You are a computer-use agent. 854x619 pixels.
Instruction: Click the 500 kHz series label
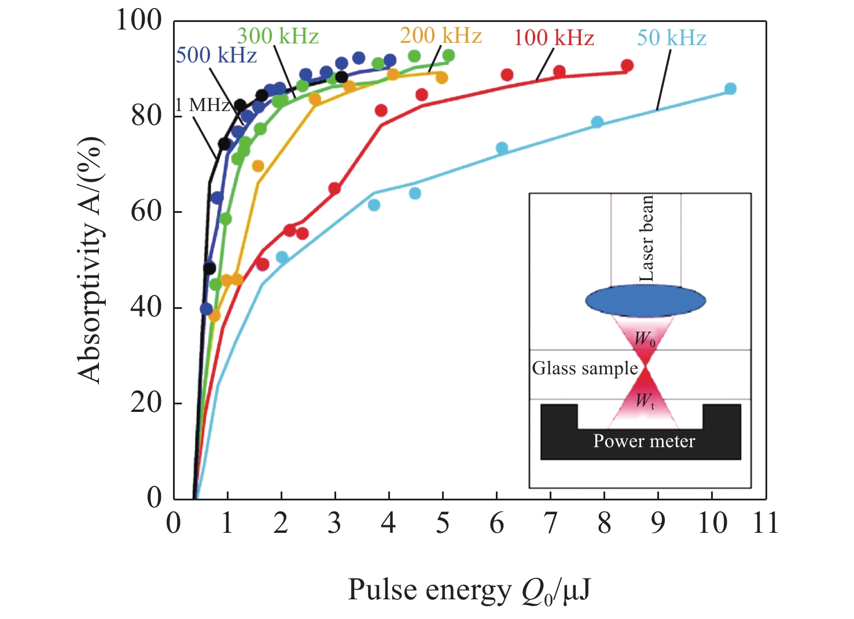(x=216, y=56)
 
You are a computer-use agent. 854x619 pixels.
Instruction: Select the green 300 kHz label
(x=278, y=36)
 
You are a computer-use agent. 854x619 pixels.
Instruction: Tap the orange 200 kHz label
(x=441, y=36)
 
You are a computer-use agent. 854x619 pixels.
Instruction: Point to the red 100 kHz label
(x=554, y=38)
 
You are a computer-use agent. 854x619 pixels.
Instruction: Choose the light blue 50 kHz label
(x=672, y=38)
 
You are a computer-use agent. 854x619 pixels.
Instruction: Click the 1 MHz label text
(x=203, y=105)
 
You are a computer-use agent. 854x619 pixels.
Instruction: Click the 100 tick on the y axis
(x=139, y=20)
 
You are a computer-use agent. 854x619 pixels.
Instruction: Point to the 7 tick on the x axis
(x=550, y=523)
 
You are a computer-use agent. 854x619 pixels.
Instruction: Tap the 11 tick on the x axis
(x=764, y=523)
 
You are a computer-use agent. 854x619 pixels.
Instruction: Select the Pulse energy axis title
(x=469, y=591)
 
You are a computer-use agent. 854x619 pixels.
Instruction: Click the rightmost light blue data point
(x=730, y=89)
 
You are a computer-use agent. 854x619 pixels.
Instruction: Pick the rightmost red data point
(x=627, y=65)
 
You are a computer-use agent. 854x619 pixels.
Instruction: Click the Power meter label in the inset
(x=644, y=441)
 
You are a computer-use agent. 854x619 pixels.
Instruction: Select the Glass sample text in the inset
(x=585, y=369)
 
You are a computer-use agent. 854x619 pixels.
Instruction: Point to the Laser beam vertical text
(x=646, y=238)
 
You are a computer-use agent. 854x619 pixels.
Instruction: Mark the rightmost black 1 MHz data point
(x=341, y=77)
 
